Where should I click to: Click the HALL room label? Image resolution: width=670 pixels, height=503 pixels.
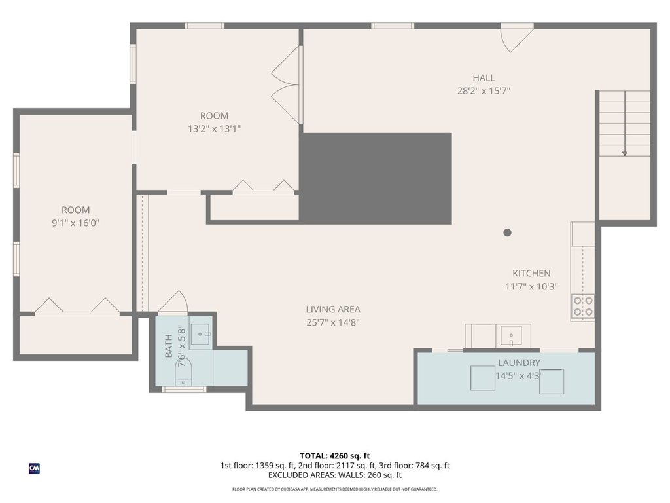coord(484,78)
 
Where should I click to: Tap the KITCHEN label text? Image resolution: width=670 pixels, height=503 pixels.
coord(531,273)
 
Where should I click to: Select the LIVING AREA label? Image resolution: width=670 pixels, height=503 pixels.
coord(333,309)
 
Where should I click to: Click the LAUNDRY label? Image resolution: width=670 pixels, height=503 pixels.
coord(519,363)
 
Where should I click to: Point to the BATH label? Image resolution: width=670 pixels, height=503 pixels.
coord(169,346)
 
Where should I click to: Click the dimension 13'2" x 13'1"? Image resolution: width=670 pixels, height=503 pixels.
coord(214,129)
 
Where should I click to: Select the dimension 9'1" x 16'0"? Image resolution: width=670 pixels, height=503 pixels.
coord(76,223)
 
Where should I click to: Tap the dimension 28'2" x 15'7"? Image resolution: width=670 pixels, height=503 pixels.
coord(484,91)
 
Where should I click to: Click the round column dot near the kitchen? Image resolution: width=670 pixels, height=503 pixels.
coord(507,233)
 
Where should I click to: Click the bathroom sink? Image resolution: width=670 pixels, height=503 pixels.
coord(200,334)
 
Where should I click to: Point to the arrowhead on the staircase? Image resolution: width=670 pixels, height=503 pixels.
coord(625,153)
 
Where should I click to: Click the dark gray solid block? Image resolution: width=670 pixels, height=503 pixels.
coord(376,179)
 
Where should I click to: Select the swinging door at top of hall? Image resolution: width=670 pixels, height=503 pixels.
coord(516,37)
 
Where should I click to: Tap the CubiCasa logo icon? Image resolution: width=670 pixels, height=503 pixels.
coord(34,469)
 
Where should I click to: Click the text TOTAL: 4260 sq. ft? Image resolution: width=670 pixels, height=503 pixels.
coord(334,456)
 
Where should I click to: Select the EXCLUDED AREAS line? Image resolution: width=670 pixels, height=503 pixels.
coord(334,475)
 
